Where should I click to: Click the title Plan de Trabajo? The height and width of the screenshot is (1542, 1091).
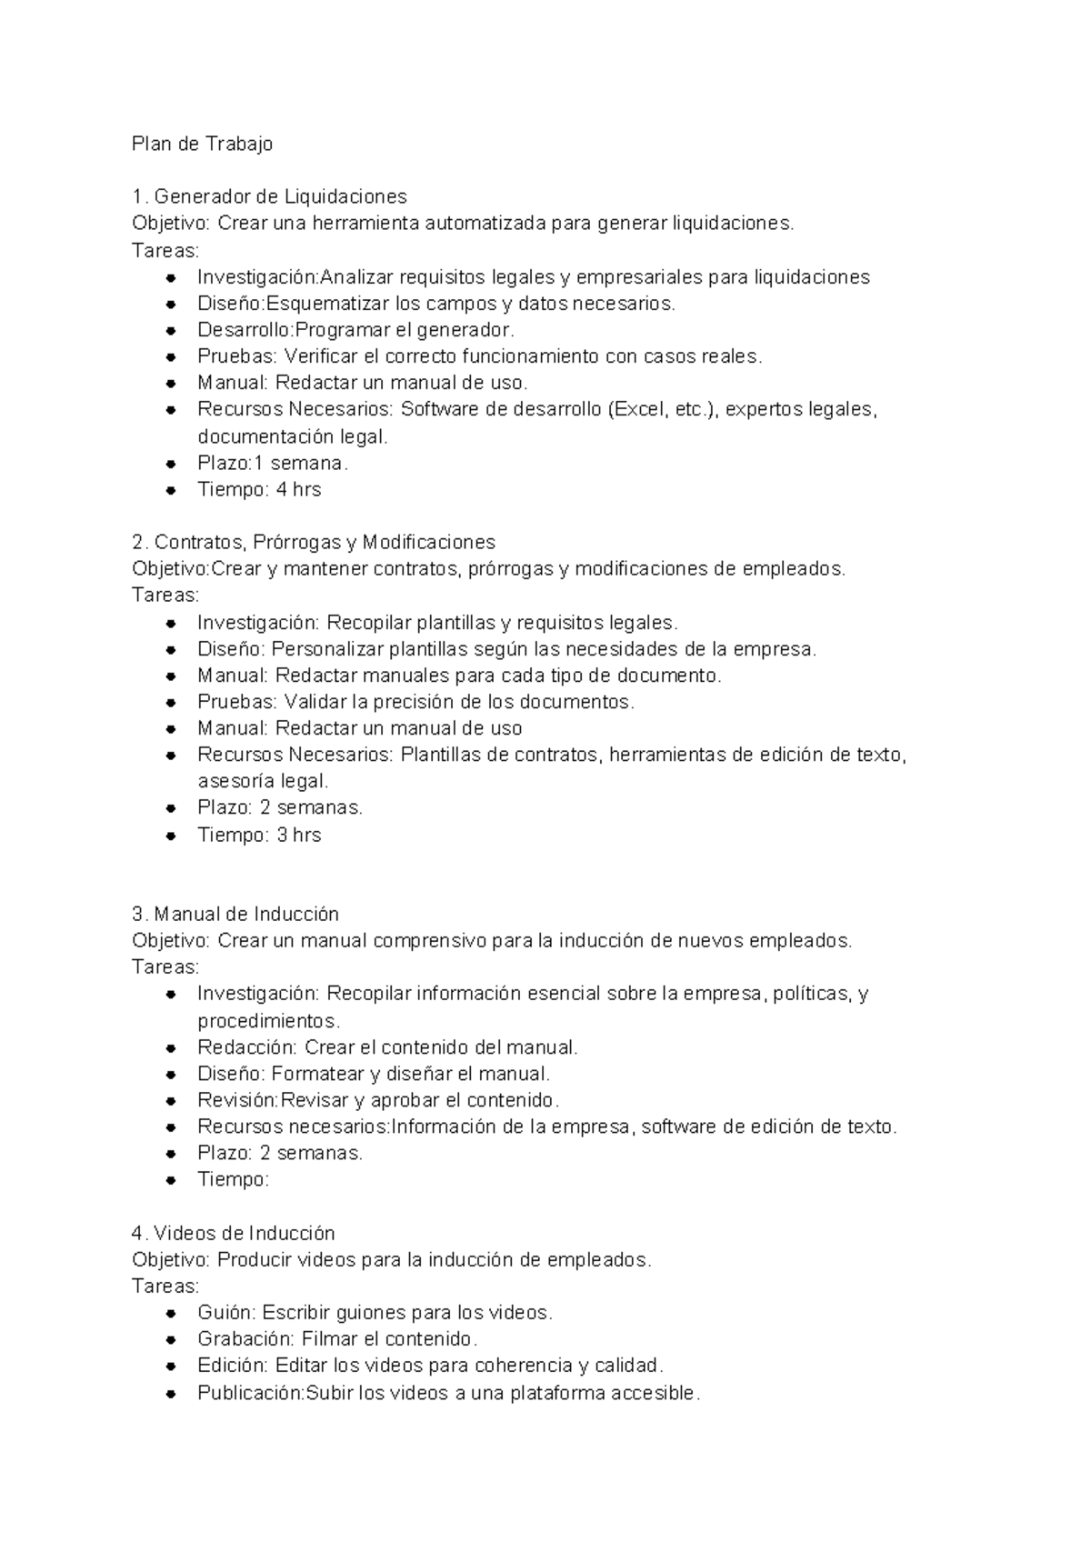(x=202, y=144)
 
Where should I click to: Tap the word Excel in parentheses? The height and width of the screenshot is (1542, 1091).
(x=639, y=409)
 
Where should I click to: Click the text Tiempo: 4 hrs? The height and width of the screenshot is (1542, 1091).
(x=259, y=489)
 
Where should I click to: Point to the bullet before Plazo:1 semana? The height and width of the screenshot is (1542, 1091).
(x=171, y=464)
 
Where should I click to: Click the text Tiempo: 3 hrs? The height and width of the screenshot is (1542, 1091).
(x=259, y=835)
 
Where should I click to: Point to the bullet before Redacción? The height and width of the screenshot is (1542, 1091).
(x=171, y=1047)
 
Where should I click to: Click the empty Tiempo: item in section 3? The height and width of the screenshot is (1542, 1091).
(x=234, y=1180)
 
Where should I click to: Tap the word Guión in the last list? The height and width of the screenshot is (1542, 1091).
(x=226, y=1312)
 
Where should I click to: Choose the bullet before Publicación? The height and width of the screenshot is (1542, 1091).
(x=171, y=1393)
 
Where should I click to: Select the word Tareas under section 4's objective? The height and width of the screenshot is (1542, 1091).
(x=165, y=1286)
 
